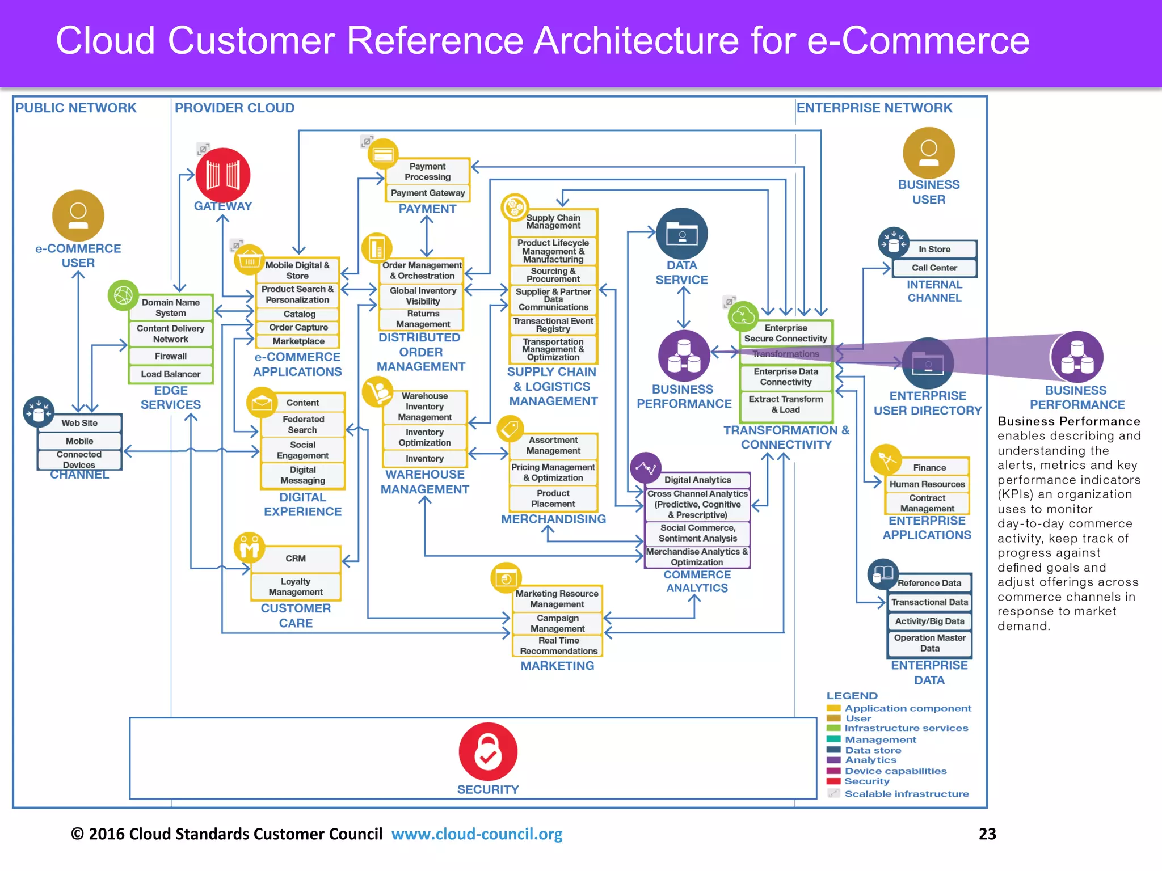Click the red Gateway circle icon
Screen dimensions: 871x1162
(222, 175)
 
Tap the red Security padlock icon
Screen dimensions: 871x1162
(488, 751)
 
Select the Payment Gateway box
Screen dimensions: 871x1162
(427, 193)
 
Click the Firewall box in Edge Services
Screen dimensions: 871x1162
(170, 356)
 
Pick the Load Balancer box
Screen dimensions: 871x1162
(170, 374)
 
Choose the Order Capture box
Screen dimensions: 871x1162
(298, 327)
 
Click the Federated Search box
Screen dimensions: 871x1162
(303, 425)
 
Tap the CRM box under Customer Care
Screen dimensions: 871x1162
(296, 559)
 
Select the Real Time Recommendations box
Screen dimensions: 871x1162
(558, 646)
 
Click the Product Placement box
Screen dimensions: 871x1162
(553, 498)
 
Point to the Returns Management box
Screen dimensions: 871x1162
(423, 319)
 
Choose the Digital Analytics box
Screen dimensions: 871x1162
(697, 480)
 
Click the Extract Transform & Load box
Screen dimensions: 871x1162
(785, 404)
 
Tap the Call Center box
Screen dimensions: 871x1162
(934, 268)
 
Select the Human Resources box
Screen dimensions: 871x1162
(927, 484)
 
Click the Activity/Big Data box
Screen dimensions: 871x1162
(929, 621)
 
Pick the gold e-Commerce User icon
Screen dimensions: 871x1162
(78, 215)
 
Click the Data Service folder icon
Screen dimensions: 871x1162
(681, 234)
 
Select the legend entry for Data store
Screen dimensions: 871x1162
(873, 750)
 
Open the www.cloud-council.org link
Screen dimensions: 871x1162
(477, 834)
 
